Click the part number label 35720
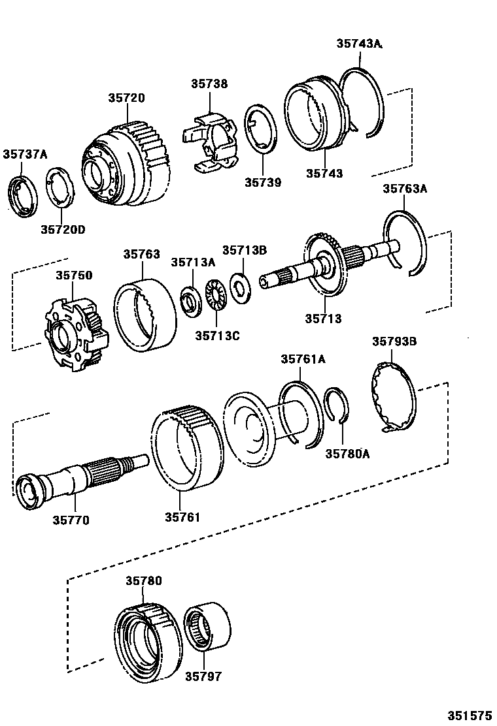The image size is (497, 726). (127, 98)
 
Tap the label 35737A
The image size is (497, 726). (25, 154)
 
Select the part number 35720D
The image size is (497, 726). (63, 229)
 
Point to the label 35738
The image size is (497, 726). (209, 84)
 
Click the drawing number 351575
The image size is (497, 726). (469, 714)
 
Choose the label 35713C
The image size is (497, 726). (217, 336)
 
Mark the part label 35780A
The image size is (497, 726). (347, 454)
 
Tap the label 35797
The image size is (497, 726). (202, 676)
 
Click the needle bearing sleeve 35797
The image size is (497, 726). (207, 627)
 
